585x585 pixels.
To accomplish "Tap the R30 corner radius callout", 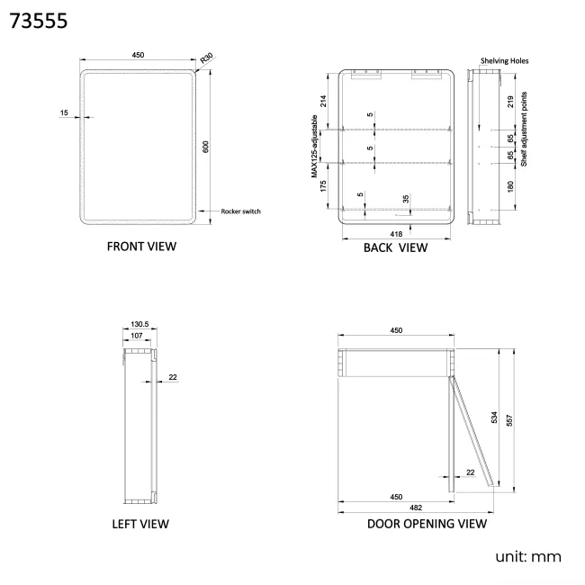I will pyautogui.click(x=206, y=58).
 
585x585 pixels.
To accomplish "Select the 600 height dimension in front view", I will pyautogui.click(x=205, y=147).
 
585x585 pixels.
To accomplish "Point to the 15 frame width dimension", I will pyautogui.click(x=64, y=112).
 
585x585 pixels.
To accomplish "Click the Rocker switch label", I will pyautogui.click(x=240, y=211).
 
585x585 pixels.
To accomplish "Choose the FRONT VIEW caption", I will pyautogui.click(x=141, y=247).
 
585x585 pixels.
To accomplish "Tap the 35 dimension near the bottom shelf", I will pyautogui.click(x=406, y=199).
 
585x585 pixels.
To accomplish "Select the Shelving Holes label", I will pyautogui.click(x=505, y=61).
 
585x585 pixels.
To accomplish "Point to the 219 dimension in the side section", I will pyautogui.click(x=510, y=102).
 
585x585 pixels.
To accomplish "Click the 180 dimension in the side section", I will pyautogui.click(x=510, y=186).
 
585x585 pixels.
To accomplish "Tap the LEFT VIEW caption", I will pyautogui.click(x=140, y=524).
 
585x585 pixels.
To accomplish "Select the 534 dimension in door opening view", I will pyautogui.click(x=495, y=417).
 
